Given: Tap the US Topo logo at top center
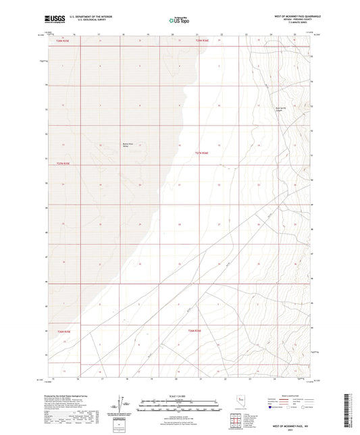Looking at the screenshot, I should (x=178, y=21).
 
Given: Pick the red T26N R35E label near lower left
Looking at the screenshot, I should (x=65, y=331).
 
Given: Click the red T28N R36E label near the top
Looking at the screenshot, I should (x=204, y=41).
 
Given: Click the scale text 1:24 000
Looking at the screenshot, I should (x=180, y=396).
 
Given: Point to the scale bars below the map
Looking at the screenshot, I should (x=180, y=403).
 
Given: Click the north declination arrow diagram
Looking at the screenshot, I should (x=126, y=402).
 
